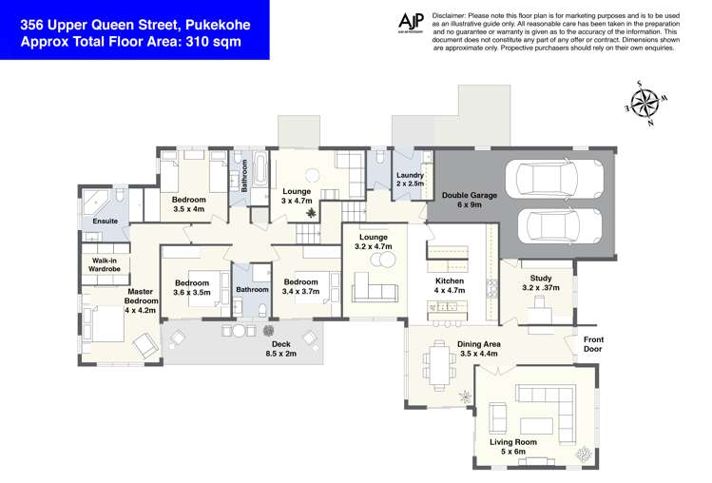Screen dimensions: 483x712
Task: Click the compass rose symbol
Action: coord(645,102)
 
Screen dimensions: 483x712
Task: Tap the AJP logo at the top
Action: coord(411,23)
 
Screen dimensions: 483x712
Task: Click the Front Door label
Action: coord(593,345)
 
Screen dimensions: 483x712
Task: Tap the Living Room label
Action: coord(513,448)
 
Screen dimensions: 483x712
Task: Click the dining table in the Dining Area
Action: coord(439,364)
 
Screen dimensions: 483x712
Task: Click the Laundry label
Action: coord(410,180)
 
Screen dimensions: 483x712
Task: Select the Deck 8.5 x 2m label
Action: coord(280,349)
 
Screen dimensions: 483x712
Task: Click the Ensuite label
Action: coord(105,221)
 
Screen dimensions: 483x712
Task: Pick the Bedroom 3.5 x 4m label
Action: coord(188,204)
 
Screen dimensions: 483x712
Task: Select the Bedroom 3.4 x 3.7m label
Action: coord(300,287)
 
